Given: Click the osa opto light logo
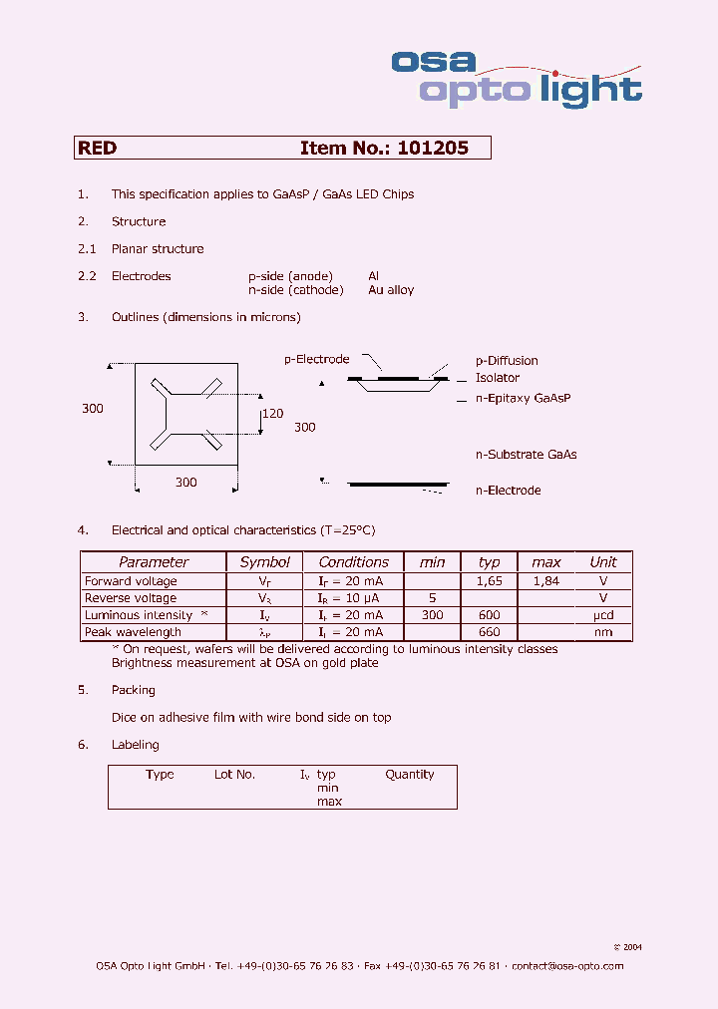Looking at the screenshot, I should (516, 77).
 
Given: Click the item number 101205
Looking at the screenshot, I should (432, 148).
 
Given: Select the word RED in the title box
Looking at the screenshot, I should (98, 148).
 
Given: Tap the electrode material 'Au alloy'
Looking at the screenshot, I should (391, 290).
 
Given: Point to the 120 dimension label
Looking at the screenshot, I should (272, 413).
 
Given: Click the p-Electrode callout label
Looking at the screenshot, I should (317, 359).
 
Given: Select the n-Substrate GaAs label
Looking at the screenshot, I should (526, 455).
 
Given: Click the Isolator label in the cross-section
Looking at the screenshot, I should (497, 379).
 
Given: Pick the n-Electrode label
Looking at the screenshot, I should (508, 491).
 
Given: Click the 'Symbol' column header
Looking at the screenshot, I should (265, 562).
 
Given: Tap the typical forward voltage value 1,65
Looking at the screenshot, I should (489, 581).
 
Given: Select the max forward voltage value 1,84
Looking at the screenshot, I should (545, 581).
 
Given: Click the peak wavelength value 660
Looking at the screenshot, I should (489, 632).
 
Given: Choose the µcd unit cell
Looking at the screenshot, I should (602, 615).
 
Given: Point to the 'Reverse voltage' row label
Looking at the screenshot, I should (131, 598).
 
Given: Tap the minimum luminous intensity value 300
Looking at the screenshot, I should (432, 615).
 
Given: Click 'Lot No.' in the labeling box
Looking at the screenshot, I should (234, 775).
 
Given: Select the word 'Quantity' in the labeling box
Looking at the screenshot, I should (410, 775).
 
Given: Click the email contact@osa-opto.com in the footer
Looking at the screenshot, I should (567, 966).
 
